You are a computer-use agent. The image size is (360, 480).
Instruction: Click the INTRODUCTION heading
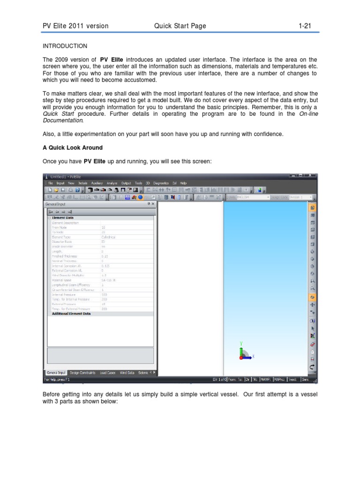click(65, 46)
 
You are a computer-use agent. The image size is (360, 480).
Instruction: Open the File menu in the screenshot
click(51, 183)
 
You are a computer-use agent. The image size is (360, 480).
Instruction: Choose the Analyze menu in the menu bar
click(112, 183)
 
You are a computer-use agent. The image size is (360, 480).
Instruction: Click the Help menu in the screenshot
click(183, 183)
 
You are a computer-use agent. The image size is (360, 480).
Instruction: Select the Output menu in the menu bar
click(127, 183)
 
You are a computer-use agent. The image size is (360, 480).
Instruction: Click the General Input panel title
click(55, 204)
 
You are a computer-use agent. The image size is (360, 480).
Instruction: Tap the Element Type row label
click(60, 237)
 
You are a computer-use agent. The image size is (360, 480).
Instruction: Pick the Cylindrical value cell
click(108, 237)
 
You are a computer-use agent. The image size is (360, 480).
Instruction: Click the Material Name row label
click(61, 280)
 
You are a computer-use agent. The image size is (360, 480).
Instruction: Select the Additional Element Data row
click(71, 314)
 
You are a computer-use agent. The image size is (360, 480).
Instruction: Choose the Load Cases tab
click(107, 373)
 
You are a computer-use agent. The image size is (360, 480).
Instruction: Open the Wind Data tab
click(127, 373)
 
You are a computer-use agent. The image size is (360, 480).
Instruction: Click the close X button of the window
click(314, 176)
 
